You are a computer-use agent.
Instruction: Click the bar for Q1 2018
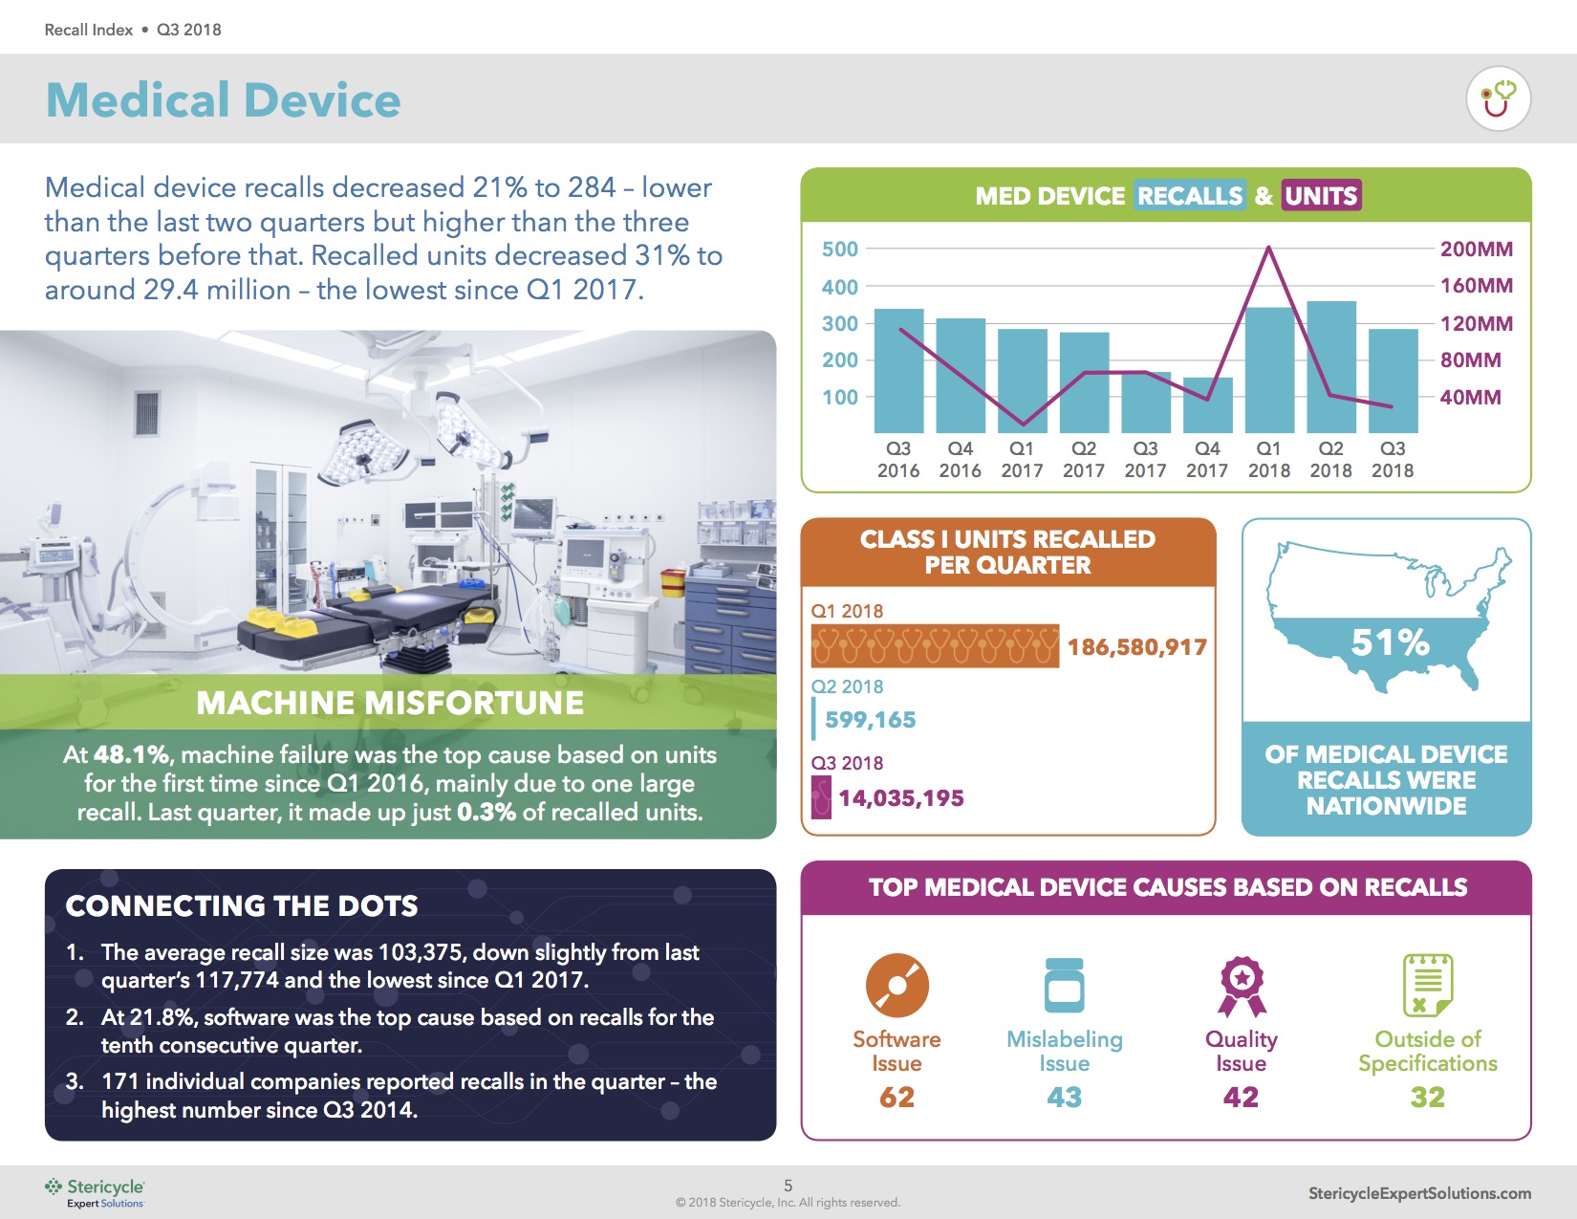(x=1269, y=371)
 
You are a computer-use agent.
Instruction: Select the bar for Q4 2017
(x=1207, y=405)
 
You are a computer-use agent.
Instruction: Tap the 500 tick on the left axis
(x=840, y=250)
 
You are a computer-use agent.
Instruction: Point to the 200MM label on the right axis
(x=1476, y=250)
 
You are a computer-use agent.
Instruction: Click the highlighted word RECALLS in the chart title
(x=1190, y=196)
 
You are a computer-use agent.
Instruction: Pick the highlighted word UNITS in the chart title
(x=1321, y=196)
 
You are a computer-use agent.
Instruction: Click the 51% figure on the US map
(x=1390, y=642)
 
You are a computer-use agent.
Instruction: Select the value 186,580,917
(x=1136, y=647)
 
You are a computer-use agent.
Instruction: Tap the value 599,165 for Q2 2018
(x=870, y=720)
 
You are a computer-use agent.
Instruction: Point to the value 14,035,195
(x=900, y=798)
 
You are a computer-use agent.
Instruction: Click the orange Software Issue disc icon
(x=897, y=985)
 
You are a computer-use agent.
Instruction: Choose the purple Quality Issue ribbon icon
(x=1241, y=987)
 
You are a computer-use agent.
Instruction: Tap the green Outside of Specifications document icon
(x=1427, y=985)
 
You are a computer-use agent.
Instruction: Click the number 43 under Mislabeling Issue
(x=1064, y=1097)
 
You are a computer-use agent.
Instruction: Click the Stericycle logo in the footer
(x=95, y=1192)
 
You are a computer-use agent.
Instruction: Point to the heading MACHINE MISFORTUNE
(x=389, y=703)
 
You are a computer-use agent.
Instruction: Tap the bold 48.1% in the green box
(x=131, y=754)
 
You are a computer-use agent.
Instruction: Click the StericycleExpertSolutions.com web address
(x=1419, y=1192)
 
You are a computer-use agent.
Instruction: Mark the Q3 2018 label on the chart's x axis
(x=1393, y=460)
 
